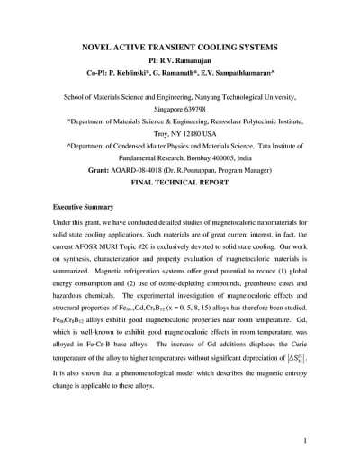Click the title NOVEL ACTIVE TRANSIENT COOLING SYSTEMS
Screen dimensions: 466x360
pyautogui.click(x=179, y=44)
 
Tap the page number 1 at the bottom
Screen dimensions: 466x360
pyautogui.click(x=306, y=441)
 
